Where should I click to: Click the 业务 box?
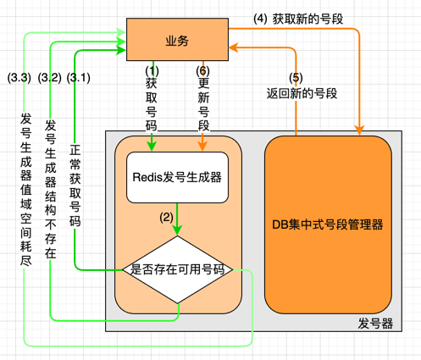pos(177,40)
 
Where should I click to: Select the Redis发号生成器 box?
pos(177,178)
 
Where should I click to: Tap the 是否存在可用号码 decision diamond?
pos(177,269)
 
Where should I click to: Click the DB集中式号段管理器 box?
pos(328,224)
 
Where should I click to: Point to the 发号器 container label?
pos(375,324)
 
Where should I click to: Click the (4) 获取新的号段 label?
pos(298,19)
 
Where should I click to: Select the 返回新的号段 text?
pos(302,93)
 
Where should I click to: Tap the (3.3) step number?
pos(19,78)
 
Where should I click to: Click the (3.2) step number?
pos(50,78)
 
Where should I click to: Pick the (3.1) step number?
pos(79,78)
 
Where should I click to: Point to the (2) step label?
pos(166,218)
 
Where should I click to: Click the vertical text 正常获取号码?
pos(75,186)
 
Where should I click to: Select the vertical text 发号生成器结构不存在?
pos(51,189)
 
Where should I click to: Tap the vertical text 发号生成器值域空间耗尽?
pos(26,190)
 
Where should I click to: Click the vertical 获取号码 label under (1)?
pos(152,104)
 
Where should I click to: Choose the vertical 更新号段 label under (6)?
pos(203,104)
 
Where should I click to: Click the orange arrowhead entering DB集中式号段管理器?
pos(359,130)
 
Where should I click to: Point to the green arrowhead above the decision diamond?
pos(177,230)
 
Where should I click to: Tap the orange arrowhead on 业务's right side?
pos(234,47)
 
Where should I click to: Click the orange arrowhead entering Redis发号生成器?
pos(202,147)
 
